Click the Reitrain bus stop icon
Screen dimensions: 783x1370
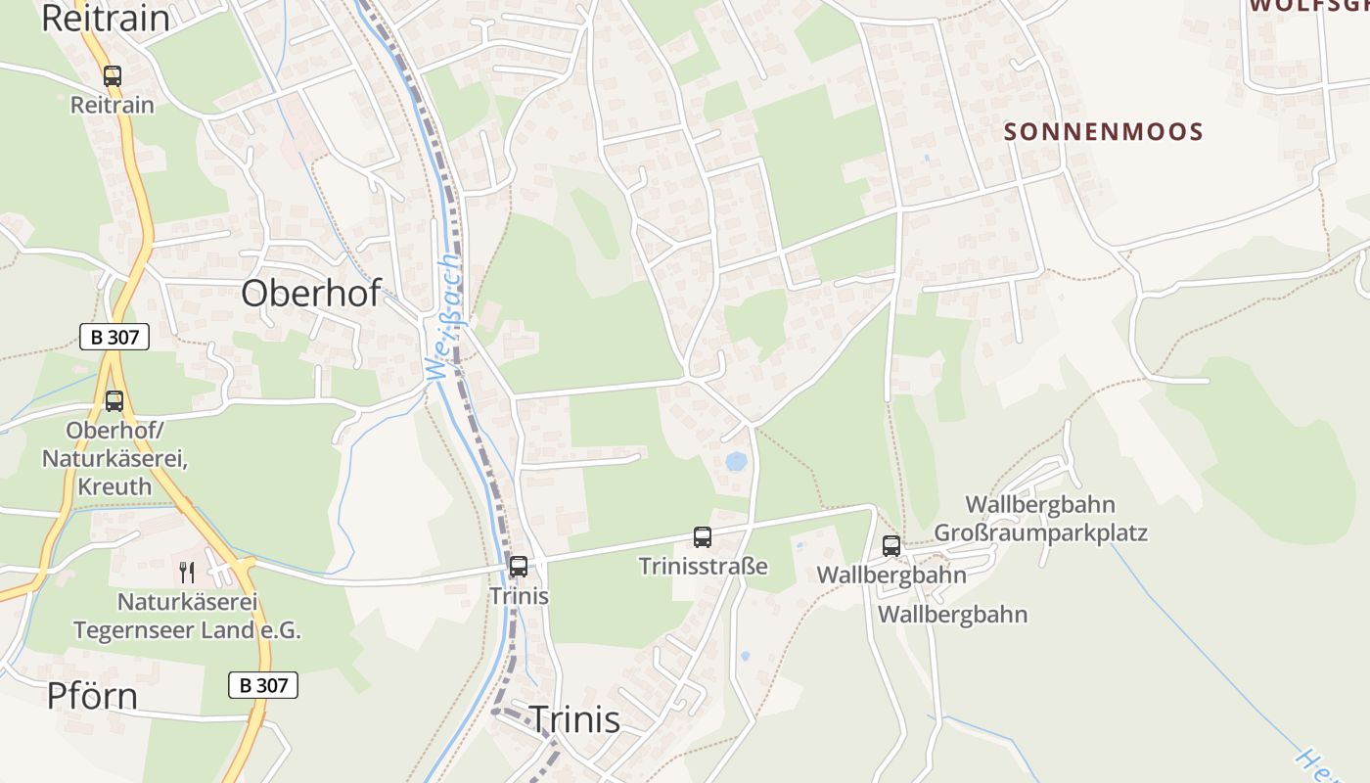pos(113,75)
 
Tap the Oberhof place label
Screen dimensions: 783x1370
pos(310,293)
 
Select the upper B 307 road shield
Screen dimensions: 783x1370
pos(114,338)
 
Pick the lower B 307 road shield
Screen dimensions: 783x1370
pos(263,685)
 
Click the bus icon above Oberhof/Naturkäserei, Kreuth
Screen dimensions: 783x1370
pos(114,400)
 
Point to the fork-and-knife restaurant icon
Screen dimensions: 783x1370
pos(185,571)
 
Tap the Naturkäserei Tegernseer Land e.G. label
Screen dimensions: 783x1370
pos(187,616)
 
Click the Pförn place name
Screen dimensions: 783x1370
pos(92,696)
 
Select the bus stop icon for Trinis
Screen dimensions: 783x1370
pos(519,566)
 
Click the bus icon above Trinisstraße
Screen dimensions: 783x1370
pos(703,536)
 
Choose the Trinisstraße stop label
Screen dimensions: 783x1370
pos(703,566)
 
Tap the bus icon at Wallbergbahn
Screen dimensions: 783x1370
pos(891,545)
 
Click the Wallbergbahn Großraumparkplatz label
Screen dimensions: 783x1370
pos(1040,519)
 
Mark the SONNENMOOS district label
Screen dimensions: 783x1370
pos(1104,132)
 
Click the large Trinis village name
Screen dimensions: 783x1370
pos(574,719)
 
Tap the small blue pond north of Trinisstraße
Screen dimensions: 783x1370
pos(736,460)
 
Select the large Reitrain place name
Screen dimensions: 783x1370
pos(105,19)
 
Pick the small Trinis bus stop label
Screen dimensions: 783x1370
pos(519,596)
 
